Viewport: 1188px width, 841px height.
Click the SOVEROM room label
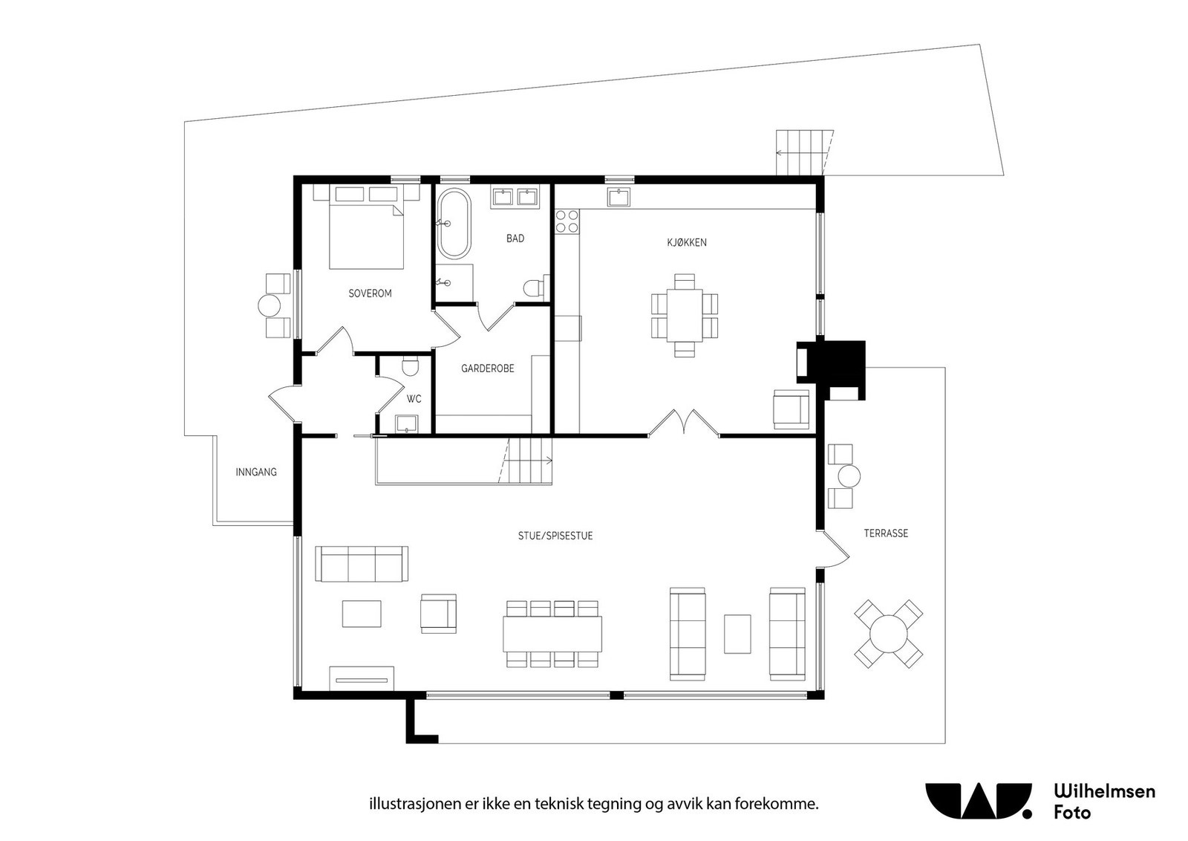pos(370,293)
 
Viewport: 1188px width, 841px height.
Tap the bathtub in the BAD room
pos(453,223)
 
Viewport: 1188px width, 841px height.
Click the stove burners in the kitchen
pos(568,221)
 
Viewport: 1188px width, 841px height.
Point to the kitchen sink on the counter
pos(619,198)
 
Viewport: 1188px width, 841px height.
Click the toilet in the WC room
pos(410,368)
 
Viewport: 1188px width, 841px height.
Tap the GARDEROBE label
pos(487,368)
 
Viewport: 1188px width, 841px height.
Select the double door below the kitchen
pos(684,423)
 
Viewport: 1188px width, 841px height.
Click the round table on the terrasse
pos(888,633)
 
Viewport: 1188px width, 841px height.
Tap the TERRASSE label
pos(886,533)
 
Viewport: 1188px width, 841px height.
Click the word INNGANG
pos(256,472)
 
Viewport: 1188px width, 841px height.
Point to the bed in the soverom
pos(366,232)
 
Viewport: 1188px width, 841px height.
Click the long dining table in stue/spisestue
pos(552,634)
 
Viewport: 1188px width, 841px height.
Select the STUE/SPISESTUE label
pos(555,536)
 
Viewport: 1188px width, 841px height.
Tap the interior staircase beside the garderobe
pos(529,461)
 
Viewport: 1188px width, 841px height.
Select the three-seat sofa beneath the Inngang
pos(362,564)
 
